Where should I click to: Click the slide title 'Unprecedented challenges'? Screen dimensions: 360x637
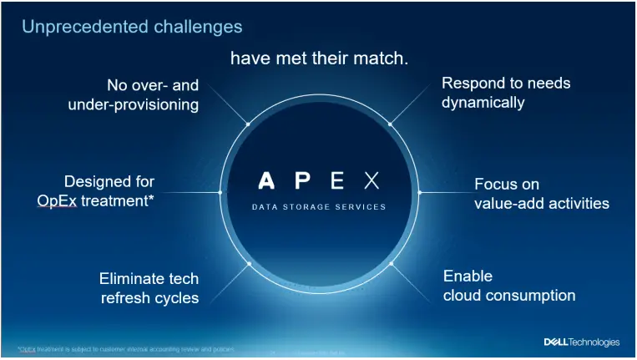(132, 27)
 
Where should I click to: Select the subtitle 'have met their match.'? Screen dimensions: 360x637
(319, 58)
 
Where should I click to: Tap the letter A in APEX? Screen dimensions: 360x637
(265, 180)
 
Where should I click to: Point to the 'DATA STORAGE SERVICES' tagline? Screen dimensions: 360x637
(319, 206)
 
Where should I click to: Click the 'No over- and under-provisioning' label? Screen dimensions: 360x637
(134, 94)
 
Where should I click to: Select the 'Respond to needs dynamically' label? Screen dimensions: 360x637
(506, 93)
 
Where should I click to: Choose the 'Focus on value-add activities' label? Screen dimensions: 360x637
(541, 194)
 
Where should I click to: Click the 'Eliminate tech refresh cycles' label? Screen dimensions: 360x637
(149, 288)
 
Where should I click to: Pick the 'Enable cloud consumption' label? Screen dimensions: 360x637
(508, 286)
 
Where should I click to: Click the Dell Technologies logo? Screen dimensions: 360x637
(582, 342)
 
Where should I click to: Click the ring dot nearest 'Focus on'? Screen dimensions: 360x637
(420, 192)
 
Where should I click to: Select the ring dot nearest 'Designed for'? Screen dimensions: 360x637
(220, 192)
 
